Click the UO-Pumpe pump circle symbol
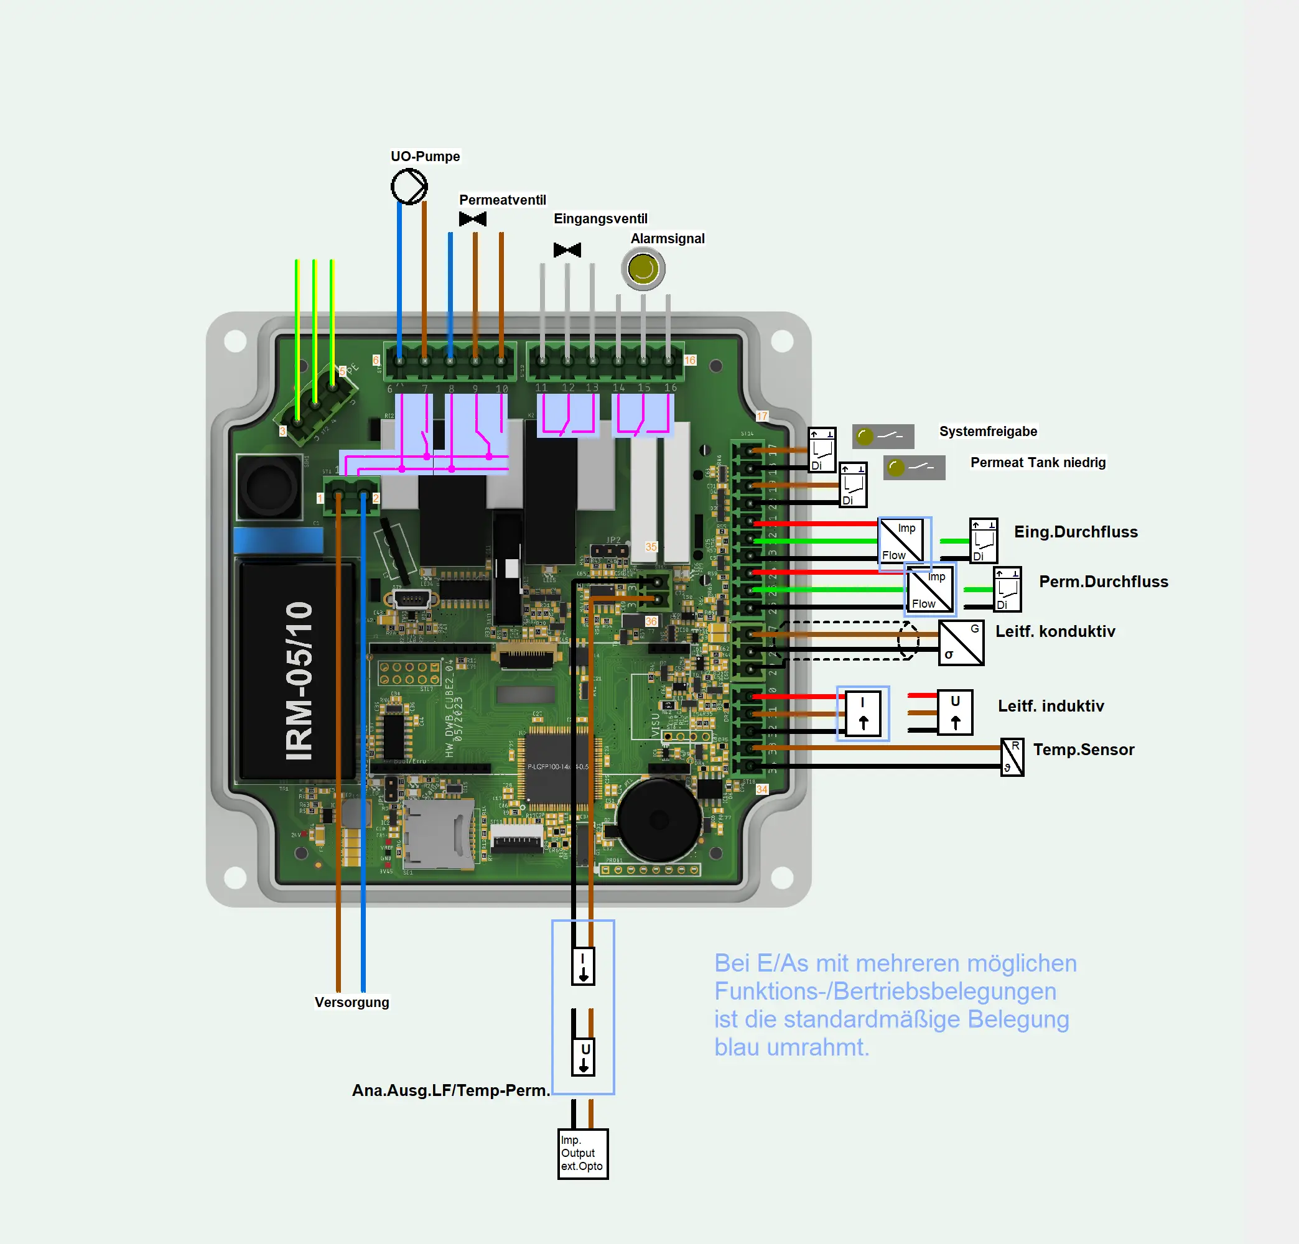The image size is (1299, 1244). coord(409,186)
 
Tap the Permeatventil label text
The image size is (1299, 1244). coord(503,200)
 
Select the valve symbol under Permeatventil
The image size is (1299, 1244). coord(473,219)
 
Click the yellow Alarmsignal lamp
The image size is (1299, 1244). coord(643,269)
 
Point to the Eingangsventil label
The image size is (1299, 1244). coord(600,218)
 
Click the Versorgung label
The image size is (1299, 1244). coord(352,1002)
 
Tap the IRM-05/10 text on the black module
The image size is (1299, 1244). coord(299,680)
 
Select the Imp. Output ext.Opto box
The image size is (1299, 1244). coord(582,1153)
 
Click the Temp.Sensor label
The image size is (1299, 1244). coord(1084,750)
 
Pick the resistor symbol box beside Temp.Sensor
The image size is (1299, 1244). coord(1012,757)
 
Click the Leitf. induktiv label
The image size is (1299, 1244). coord(1051,706)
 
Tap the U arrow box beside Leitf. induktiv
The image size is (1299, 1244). coord(955,712)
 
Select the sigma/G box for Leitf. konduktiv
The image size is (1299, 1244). coord(961,642)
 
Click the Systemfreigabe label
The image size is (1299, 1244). coord(988,432)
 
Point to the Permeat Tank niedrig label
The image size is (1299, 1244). coord(1038,462)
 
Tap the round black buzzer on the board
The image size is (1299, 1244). coord(658,820)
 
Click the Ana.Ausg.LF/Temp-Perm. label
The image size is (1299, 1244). coord(450,1090)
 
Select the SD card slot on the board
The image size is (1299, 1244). coord(438,833)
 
